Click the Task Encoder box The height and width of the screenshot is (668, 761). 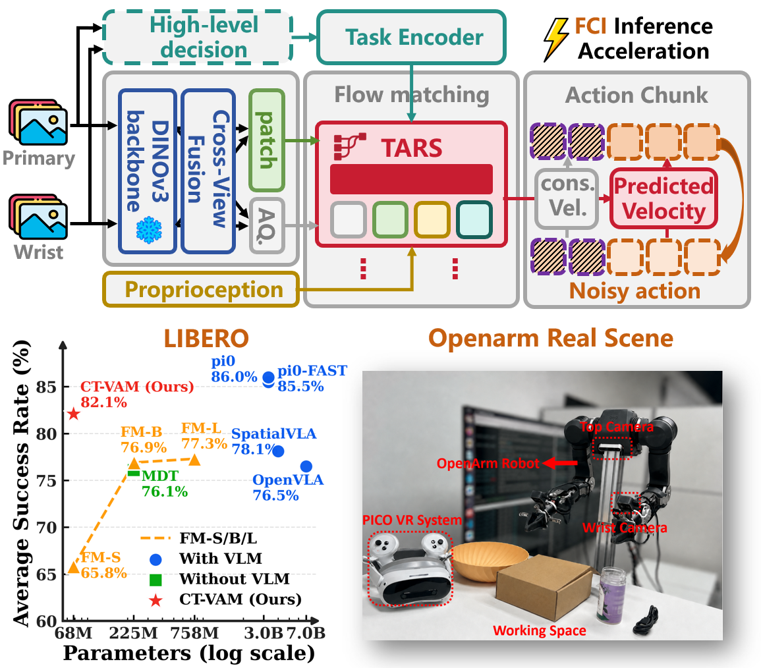tap(411, 38)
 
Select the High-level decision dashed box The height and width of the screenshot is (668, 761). tap(198, 38)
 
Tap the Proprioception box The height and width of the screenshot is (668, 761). tap(201, 290)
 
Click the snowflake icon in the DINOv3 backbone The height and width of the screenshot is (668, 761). tap(149, 229)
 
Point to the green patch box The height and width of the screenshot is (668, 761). tap(266, 140)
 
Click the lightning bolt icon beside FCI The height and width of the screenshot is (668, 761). tap(555, 40)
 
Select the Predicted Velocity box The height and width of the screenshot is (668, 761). tap(663, 198)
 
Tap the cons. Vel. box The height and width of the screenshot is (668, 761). tap(567, 198)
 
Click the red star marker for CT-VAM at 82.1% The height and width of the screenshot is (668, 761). tap(73, 414)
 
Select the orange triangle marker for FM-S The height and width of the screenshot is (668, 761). tap(73, 567)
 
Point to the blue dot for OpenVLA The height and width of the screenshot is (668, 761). tap(306, 466)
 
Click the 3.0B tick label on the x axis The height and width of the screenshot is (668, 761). tap(264, 633)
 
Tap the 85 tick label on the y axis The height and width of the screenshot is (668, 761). tap(46, 387)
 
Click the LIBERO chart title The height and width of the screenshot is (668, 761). tap(206, 338)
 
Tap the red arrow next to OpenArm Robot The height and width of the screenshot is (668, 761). tap(560, 463)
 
